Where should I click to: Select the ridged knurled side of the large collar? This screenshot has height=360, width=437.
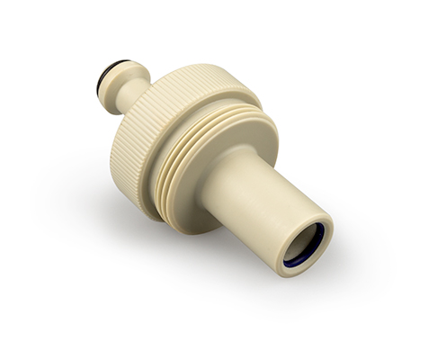[126, 153]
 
